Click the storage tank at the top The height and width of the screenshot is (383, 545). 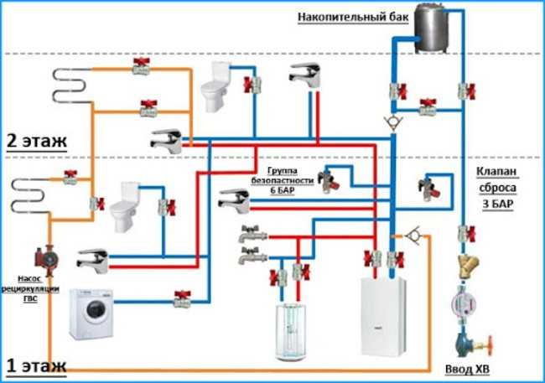(430, 27)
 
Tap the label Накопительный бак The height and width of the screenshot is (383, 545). (353, 17)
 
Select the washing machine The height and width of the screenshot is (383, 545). (91, 313)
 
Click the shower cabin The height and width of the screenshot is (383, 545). (291, 331)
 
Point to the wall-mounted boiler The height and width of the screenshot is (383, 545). (383, 317)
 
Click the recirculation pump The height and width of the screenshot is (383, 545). (45, 260)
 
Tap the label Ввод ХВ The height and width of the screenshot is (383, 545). (467, 370)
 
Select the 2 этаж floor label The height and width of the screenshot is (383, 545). (37, 141)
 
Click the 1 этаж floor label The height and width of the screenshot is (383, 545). (37, 365)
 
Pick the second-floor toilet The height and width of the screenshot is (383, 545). (215, 86)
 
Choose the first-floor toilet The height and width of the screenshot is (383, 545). (123, 207)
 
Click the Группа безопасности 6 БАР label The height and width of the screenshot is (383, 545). (283, 180)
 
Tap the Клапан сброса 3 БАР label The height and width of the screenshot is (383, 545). (497, 188)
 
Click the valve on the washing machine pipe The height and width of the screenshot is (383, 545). (182, 299)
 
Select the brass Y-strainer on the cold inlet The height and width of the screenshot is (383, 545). (468, 266)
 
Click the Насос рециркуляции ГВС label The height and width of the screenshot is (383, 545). (30, 288)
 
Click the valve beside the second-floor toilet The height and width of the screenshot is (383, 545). (252, 85)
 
